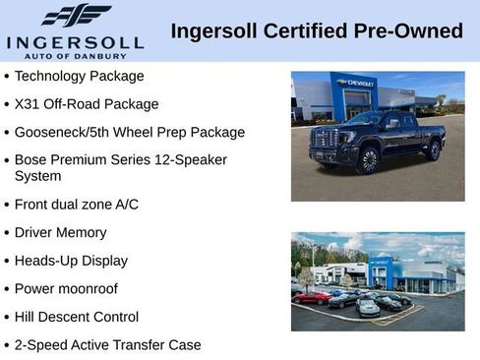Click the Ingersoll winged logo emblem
(77, 15)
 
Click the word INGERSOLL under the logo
(76, 42)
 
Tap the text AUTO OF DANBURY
(76, 56)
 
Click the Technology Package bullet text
(79, 76)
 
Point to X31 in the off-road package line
(28, 103)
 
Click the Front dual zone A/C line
(77, 205)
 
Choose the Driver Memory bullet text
(60, 233)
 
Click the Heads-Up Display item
(71, 261)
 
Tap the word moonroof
(91, 289)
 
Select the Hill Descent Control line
(77, 317)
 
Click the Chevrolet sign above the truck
(356, 84)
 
